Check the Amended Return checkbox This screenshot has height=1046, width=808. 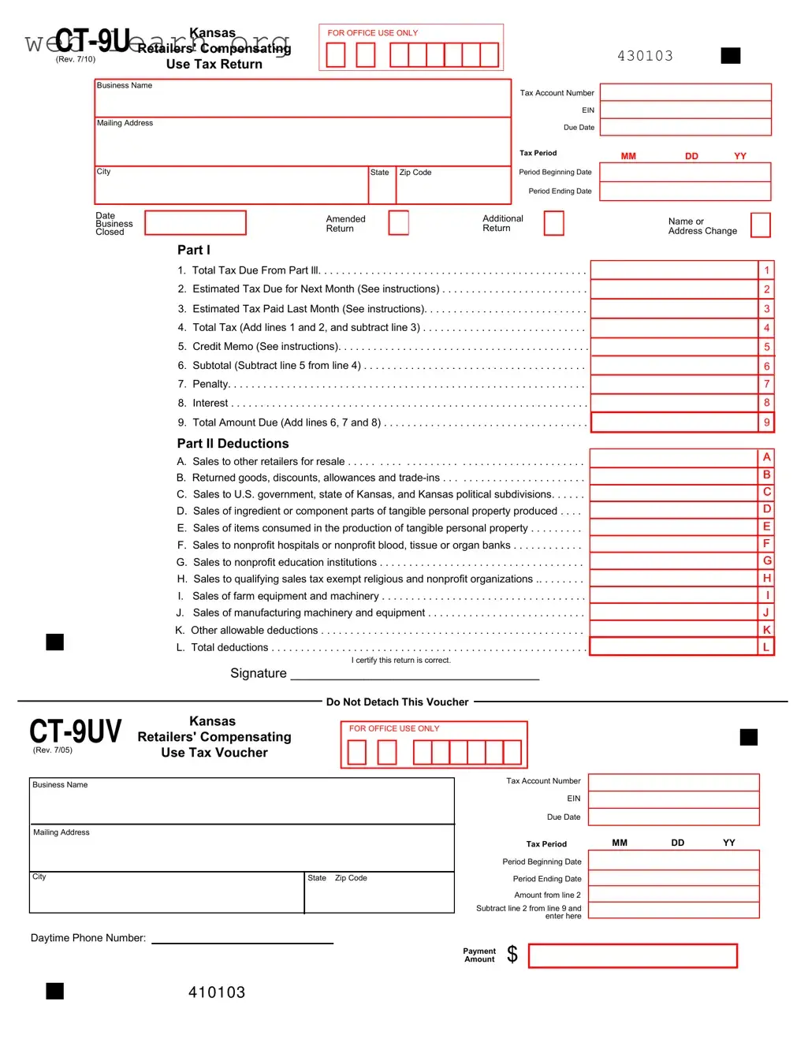point(399,223)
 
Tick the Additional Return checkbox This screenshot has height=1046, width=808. point(554,223)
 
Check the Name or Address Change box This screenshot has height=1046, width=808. point(760,225)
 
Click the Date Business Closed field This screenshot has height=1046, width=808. point(195,223)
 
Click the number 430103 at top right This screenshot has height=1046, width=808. point(645,56)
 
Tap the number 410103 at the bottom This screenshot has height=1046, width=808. point(217,992)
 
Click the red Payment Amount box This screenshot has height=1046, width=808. point(632,956)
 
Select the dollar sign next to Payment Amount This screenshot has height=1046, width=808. point(512,955)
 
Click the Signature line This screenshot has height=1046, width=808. point(415,674)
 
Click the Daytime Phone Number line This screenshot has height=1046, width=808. point(242,938)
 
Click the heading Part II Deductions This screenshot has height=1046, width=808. point(233,444)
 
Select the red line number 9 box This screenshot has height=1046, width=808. point(766,422)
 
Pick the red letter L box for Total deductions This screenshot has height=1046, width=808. point(765,647)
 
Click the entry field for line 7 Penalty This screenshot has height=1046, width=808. point(674,384)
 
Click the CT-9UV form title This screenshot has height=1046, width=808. point(76,731)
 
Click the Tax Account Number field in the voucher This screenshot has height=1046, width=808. point(673,782)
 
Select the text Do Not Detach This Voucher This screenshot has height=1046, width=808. point(397,702)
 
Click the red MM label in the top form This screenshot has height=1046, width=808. point(628,156)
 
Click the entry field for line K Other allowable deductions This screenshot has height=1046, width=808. point(674,630)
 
